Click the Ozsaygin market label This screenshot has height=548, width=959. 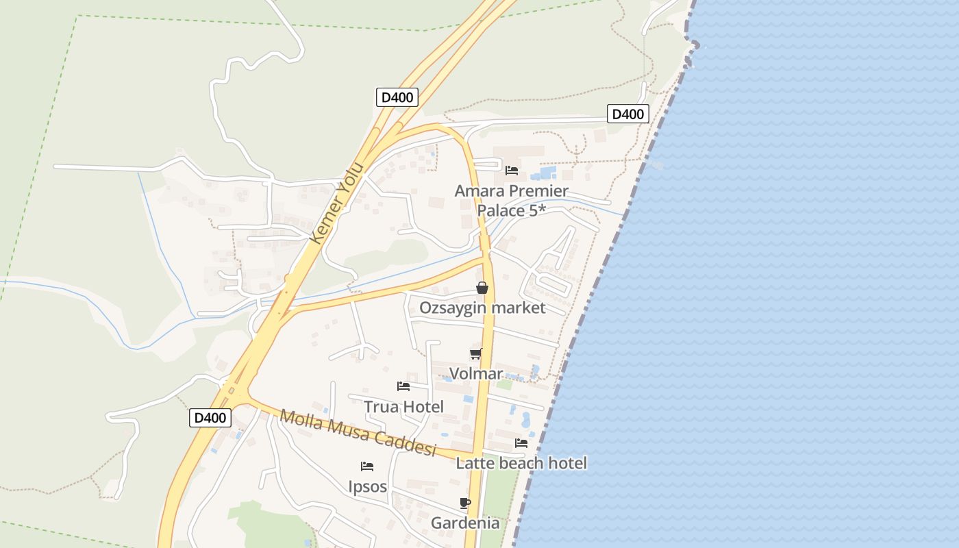tap(482, 308)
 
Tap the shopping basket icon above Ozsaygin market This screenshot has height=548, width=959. tap(482, 288)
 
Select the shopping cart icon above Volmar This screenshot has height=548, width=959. tap(475, 354)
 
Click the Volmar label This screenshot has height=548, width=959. tap(476, 374)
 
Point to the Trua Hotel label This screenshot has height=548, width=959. tap(403, 407)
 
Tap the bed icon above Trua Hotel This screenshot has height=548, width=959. tap(403, 386)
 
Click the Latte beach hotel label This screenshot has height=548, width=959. tap(521, 463)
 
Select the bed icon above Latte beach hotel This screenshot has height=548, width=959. tap(521, 443)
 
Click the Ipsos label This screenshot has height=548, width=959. tap(367, 487)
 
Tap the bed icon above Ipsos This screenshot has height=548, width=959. tap(367, 466)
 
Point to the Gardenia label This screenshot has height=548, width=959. tap(465, 523)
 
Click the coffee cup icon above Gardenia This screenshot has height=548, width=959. tap(465, 503)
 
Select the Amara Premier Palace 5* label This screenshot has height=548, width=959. tap(512, 200)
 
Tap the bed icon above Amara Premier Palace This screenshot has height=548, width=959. tap(512, 170)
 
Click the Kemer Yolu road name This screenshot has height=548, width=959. tap(336, 203)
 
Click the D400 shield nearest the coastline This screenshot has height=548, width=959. tap(627, 114)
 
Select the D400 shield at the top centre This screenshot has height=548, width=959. tap(397, 97)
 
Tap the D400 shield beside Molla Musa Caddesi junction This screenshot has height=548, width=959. tap(210, 418)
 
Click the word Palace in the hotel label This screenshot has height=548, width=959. tap(503, 210)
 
